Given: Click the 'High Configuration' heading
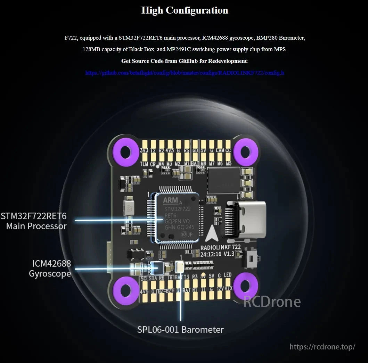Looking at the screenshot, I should pos(185,10).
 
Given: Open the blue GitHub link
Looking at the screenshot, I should pos(185,73).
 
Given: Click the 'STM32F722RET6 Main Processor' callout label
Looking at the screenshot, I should pos(34,221).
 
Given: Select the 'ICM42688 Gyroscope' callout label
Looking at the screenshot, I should pos(50,269).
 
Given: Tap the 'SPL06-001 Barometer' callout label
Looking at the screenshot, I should pos(180,330).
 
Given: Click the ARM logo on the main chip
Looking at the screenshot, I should pos(170,200).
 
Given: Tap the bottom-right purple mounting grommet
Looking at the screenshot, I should pos(245,287).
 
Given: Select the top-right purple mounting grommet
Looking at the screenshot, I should pos(245,151).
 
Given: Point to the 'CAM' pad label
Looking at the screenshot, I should pos(220,150).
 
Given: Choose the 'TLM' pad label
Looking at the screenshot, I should pos(144,164).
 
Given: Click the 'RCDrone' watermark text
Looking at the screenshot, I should pos(272,301).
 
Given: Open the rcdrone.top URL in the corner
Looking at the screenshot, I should pos(322,347).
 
